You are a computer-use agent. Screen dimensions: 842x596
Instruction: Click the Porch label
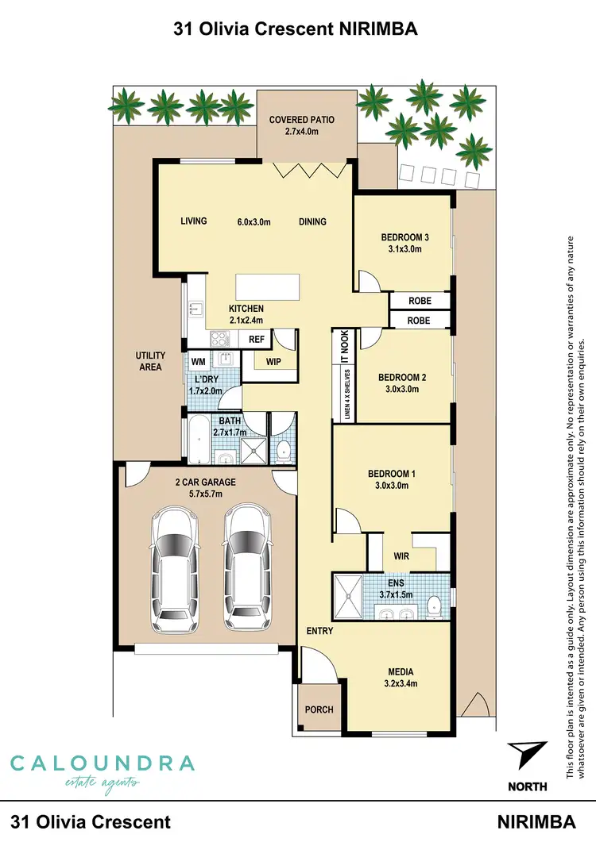click(x=319, y=709)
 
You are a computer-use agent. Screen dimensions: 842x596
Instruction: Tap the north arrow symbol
click(x=526, y=753)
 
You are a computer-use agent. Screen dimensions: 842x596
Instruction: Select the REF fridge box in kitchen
click(x=257, y=339)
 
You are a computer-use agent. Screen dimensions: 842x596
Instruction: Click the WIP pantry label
click(x=274, y=362)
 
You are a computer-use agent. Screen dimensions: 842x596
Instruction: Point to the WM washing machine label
click(x=199, y=362)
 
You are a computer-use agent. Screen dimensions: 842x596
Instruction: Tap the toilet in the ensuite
click(x=434, y=606)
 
